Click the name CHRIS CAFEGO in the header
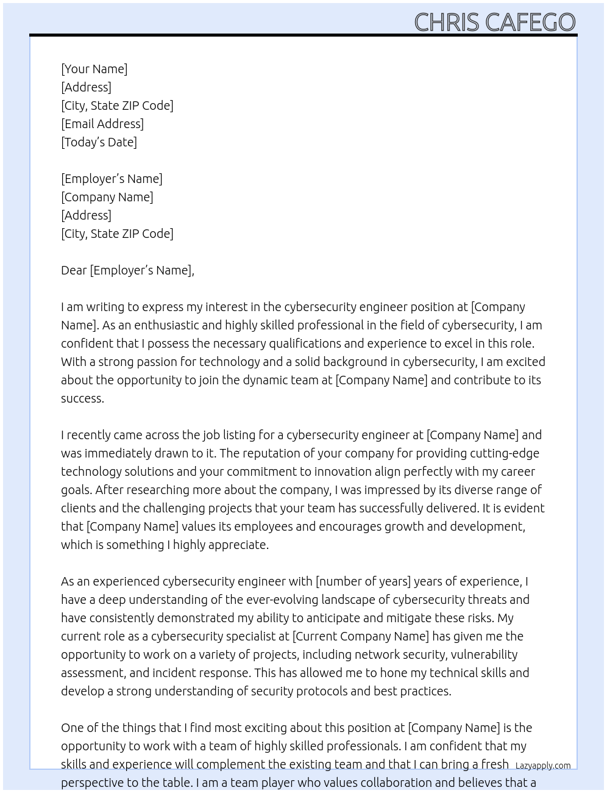[x=494, y=22]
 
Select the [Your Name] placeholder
[x=94, y=69]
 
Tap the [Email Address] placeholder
[x=102, y=124]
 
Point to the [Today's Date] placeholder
[x=99, y=142]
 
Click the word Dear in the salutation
[x=74, y=270]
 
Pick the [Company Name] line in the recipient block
[x=107, y=197]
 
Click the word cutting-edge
[x=504, y=453]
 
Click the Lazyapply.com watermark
[x=543, y=766]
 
